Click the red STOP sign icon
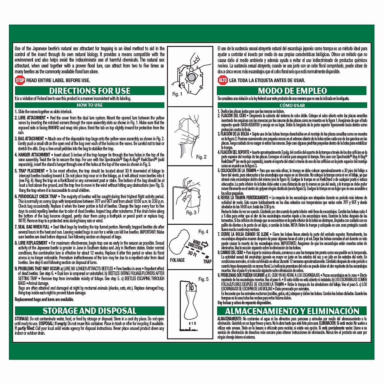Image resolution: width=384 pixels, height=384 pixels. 20,80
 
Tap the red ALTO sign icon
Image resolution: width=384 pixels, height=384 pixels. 223,80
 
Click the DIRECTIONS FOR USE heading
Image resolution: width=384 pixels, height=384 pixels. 90,91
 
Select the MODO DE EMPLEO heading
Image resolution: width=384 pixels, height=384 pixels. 292,91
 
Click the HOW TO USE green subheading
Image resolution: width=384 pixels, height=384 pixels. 90,105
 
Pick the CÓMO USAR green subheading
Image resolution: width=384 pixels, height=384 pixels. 292,105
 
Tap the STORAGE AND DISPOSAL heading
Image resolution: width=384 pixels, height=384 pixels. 90,311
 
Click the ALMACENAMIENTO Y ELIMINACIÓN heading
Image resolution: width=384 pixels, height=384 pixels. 292,311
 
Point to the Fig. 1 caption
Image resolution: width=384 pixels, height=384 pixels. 177,94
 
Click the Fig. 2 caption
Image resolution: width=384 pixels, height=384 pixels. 201,157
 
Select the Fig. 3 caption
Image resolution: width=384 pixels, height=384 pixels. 191,212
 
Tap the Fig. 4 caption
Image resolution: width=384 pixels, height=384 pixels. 203,231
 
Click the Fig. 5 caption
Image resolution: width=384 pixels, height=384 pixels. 203,279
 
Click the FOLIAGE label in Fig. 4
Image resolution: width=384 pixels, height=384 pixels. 177,260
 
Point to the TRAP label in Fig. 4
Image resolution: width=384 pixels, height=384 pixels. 207,261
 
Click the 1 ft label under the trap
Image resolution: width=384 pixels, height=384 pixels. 193,324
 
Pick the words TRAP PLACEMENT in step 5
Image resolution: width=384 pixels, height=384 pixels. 32,171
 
